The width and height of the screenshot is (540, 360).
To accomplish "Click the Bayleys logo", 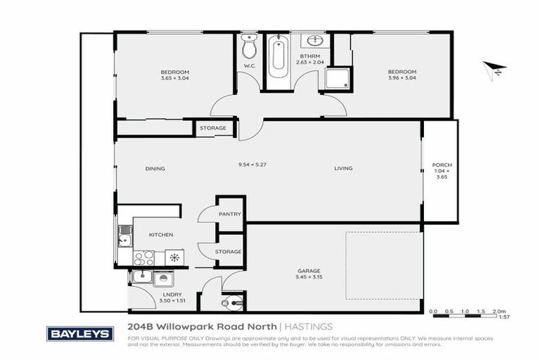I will pyautogui.click(x=79, y=333).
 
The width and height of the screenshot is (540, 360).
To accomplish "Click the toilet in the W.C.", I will pyautogui.click(x=248, y=49).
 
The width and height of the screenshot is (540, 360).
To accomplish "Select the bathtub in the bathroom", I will pyautogui.click(x=278, y=56).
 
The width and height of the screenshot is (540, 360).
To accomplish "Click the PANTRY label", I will pyautogui.click(x=230, y=214).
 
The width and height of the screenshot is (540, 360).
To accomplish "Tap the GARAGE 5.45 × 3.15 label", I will pyautogui.click(x=309, y=274).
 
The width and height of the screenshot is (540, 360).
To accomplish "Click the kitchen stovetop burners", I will pyautogui.click(x=144, y=257).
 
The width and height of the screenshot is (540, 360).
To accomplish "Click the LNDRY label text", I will pyautogui.click(x=172, y=295).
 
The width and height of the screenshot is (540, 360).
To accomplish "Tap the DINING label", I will pyautogui.click(x=155, y=168).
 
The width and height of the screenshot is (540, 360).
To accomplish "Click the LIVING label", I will pyautogui.click(x=343, y=168).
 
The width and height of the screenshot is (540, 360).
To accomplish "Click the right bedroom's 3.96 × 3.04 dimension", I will pyautogui.click(x=402, y=78).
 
